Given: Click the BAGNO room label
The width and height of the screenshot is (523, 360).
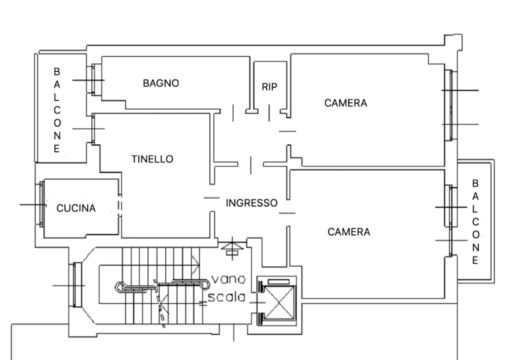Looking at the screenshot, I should [160, 83].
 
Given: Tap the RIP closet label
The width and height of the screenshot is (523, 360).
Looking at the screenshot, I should [269, 87].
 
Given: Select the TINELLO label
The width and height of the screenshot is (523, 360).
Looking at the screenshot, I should [152, 159].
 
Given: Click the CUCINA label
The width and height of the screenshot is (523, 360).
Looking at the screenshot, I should [76, 208].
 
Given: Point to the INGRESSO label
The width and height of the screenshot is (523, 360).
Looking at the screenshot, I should [251, 203].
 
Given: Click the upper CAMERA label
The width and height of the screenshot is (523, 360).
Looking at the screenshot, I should [345, 103].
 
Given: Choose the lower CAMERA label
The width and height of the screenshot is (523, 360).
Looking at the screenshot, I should [348, 232].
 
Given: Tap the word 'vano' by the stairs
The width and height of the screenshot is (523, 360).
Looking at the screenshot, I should [228, 279].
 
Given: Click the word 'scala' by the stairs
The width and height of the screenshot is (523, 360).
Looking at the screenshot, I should [226, 296].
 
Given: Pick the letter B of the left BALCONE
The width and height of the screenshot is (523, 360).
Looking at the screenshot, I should [56, 72].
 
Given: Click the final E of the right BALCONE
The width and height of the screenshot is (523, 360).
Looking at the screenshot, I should [475, 260].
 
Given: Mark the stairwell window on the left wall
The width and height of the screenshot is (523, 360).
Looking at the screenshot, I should [77, 285].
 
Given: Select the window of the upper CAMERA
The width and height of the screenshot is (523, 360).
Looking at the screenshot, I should [450, 105].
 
